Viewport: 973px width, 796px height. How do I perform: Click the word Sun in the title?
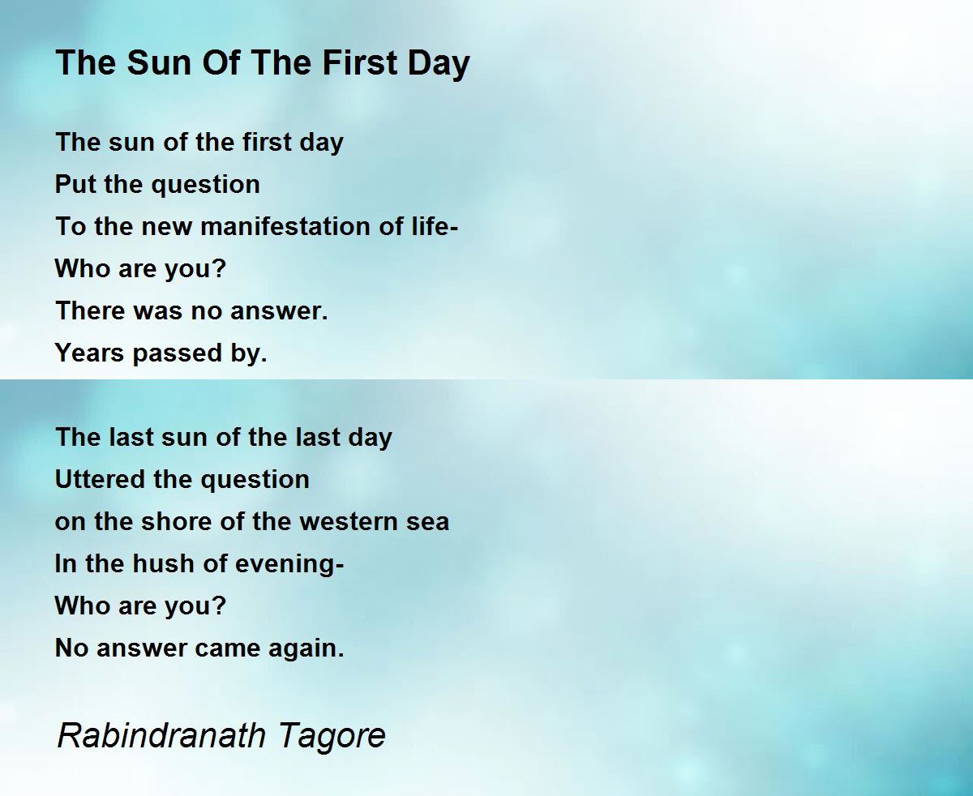159,62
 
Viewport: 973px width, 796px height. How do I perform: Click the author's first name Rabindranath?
161,734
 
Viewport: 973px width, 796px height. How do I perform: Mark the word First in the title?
359,62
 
